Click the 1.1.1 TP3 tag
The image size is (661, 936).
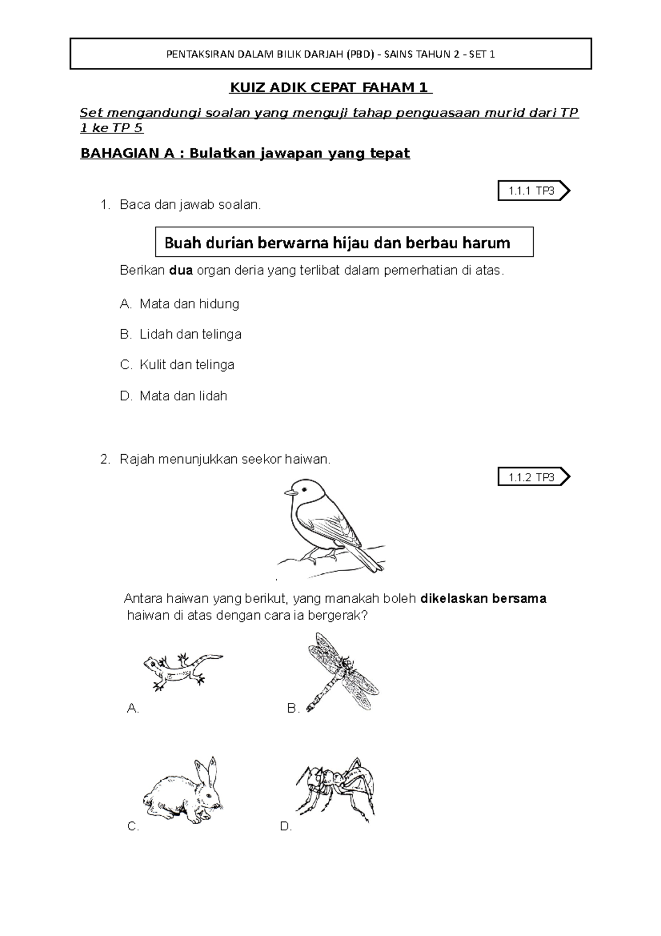click(x=532, y=191)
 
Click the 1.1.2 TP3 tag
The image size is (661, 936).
click(x=532, y=477)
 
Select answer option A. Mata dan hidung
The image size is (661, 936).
click(x=180, y=304)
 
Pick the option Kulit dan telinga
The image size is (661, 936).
click(x=177, y=365)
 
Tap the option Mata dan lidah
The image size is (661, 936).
click(x=174, y=396)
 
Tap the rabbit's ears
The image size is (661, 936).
click(x=208, y=771)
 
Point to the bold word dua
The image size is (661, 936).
click(x=181, y=271)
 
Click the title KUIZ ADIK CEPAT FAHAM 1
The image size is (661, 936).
click(x=330, y=88)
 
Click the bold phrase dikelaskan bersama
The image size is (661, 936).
click(x=483, y=599)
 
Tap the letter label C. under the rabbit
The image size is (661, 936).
click(x=133, y=826)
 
